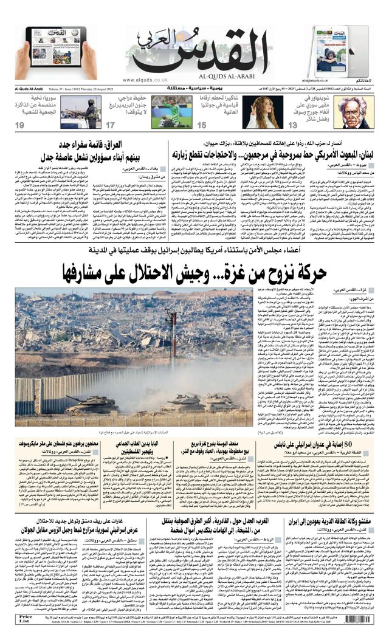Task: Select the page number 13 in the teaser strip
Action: pyautogui.click(x=292, y=125)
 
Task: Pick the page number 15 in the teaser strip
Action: pyautogui.click(x=202, y=125)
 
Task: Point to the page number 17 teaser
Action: pyautogui.click(x=111, y=125)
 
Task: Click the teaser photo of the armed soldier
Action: pyautogui.click(x=81, y=112)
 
